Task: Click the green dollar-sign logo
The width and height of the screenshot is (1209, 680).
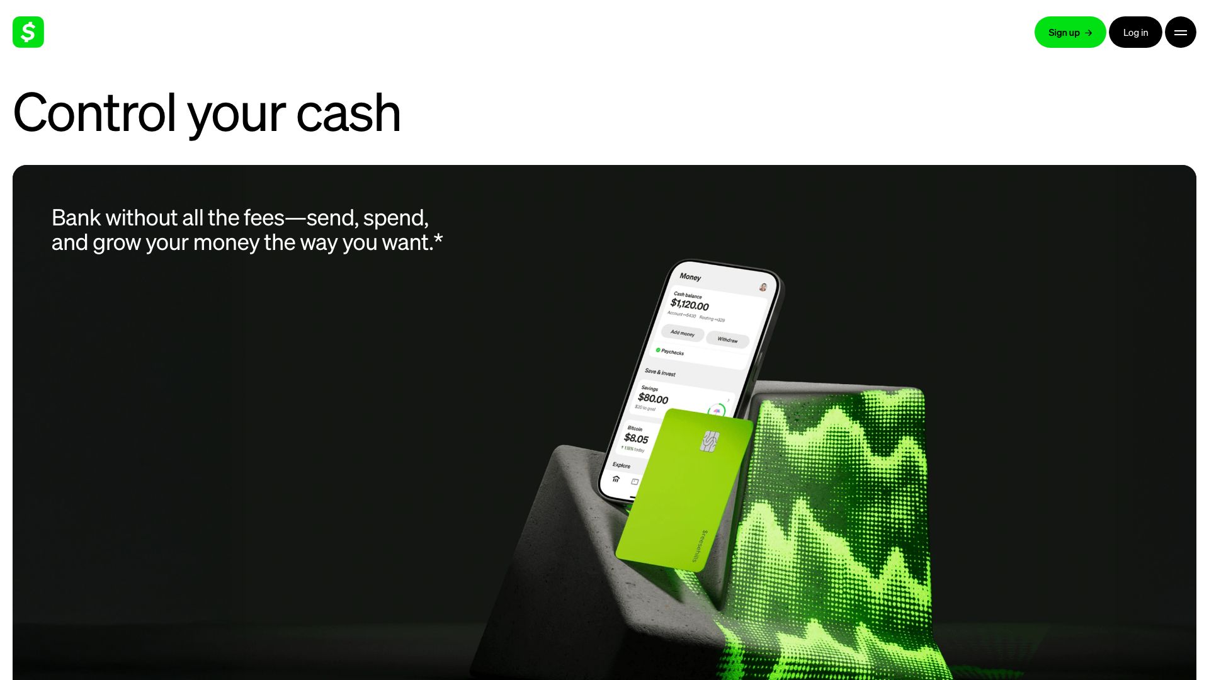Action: pos(28,32)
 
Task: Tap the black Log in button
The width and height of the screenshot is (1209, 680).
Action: pos(1135,32)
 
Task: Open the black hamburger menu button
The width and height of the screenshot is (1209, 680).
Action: pos(1180,32)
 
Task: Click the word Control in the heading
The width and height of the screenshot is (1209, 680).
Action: pos(94,113)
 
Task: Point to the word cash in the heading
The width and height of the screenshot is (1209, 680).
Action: pos(348,113)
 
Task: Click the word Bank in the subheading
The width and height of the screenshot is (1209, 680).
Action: pos(76,218)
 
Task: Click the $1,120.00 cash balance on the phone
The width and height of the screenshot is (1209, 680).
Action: pos(690,305)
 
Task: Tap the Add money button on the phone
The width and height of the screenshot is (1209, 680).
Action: pos(683,332)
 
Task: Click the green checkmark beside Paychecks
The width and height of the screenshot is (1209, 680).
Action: pos(658,350)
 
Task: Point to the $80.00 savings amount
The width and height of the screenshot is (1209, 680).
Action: pos(653,399)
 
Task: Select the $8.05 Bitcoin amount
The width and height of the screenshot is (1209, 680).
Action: pos(636,438)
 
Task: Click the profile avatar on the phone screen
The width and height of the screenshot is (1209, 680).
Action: pos(763,287)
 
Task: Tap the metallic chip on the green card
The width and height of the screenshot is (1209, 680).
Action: pos(710,441)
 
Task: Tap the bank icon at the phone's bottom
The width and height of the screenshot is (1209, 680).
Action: pos(616,479)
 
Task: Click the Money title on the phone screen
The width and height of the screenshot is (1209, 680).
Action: pos(690,277)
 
